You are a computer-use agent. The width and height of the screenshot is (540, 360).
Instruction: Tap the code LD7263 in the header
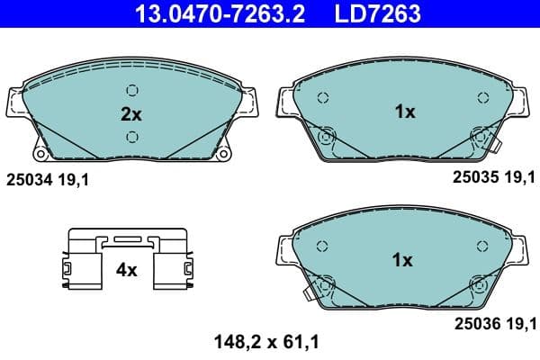(371, 13)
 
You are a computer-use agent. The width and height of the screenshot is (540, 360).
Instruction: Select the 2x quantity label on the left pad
(131, 113)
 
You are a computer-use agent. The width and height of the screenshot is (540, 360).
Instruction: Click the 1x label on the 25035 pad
(404, 112)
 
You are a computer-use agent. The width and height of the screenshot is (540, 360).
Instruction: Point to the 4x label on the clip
(126, 269)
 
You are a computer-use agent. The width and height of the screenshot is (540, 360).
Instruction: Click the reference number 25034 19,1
(49, 180)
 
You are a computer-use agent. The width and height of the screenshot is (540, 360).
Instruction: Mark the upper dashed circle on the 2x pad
(132, 90)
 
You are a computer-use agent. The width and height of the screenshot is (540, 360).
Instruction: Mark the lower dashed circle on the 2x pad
(132, 136)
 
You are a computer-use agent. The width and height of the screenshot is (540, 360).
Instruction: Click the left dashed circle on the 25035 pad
(323, 97)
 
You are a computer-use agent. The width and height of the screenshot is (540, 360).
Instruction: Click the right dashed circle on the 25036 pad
(477, 245)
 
